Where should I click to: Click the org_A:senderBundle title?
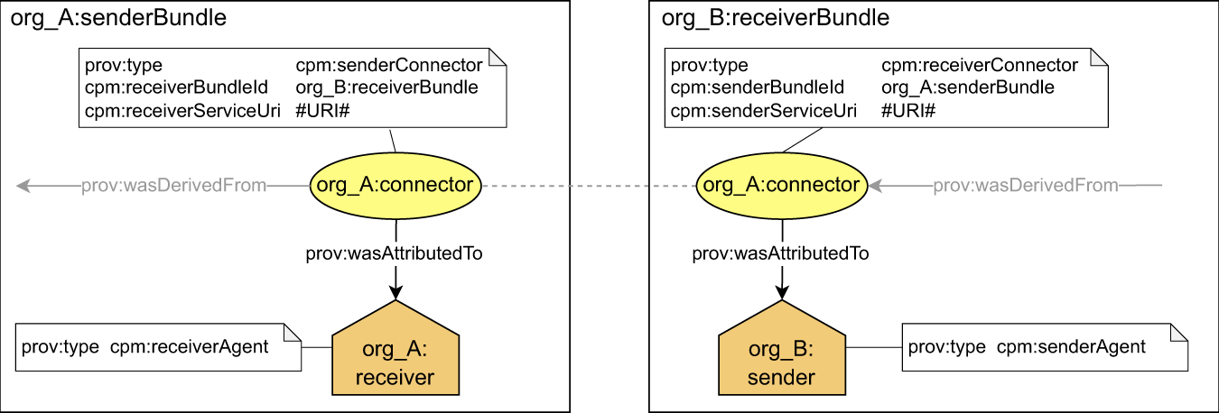pyautogui.click(x=117, y=18)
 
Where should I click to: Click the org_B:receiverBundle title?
pyautogui.click(x=763, y=18)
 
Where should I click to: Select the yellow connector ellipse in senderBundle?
pyautogui.click(x=394, y=186)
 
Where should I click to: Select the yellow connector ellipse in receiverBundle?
pyautogui.click(x=781, y=186)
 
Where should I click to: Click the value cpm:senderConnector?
pyautogui.click(x=389, y=66)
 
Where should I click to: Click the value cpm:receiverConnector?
pyautogui.click(x=980, y=66)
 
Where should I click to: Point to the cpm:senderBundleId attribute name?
pyautogui.click(x=757, y=88)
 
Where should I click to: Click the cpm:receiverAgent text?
pyautogui.click(x=189, y=347)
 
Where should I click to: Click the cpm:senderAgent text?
pyautogui.click(x=1071, y=347)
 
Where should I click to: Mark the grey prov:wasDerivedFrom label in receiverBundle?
pyautogui.click(x=1025, y=186)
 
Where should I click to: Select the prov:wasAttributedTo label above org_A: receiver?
pyautogui.click(x=394, y=253)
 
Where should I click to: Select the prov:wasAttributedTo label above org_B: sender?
pyautogui.click(x=780, y=253)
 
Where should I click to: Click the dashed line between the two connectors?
pyautogui.click(x=587, y=186)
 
